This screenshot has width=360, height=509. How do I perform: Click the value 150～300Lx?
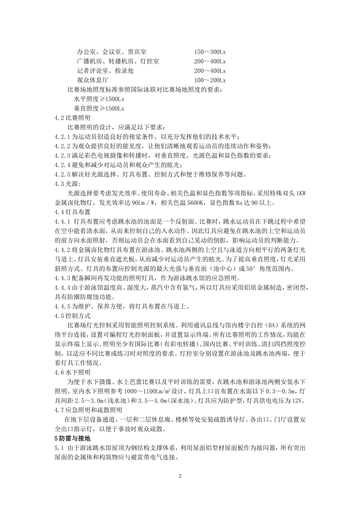point(210,52)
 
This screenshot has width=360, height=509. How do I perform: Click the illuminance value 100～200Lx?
point(210,80)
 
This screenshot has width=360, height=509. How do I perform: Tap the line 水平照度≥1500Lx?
point(99,99)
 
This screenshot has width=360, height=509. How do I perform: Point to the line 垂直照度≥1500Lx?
point(99,109)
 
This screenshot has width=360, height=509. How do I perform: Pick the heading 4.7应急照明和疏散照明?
point(88,410)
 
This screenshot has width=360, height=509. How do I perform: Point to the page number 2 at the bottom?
point(180,476)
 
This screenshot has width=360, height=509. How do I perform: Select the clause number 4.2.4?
point(63,165)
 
